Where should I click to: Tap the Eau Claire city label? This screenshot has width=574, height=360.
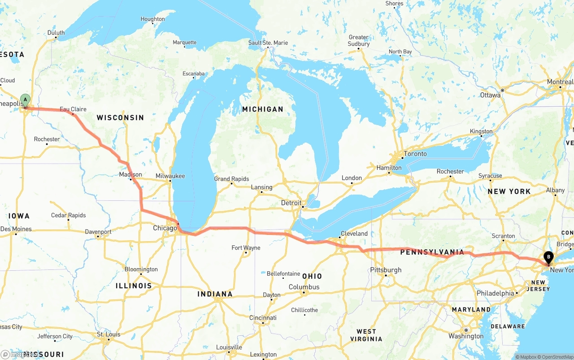pos(73,109)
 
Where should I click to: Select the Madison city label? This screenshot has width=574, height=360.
pos(130,174)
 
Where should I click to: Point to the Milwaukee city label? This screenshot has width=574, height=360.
pos(170,176)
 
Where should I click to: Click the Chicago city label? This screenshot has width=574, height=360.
pos(165,228)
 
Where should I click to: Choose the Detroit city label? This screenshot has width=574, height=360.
pos(291,203)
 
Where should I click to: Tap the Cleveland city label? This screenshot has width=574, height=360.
pos(354,234)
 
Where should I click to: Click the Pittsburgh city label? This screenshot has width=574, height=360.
pos(386,270)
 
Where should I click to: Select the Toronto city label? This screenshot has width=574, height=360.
pos(415,154)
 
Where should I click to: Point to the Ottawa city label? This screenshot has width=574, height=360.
pos(490,95)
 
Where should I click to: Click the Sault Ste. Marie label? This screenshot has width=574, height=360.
pos(268,43)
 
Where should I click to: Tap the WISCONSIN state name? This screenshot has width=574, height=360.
pos(120,117)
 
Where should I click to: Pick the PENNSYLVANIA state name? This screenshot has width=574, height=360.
pos(432,252)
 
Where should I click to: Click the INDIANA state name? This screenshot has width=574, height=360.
pos(215,294)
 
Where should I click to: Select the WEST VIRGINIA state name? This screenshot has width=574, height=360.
pos(366,335)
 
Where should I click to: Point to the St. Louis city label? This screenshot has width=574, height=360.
pos(109,334)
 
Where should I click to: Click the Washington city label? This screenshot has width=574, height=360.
pos(466,336)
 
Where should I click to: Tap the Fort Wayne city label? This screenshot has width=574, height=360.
pos(246,247)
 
